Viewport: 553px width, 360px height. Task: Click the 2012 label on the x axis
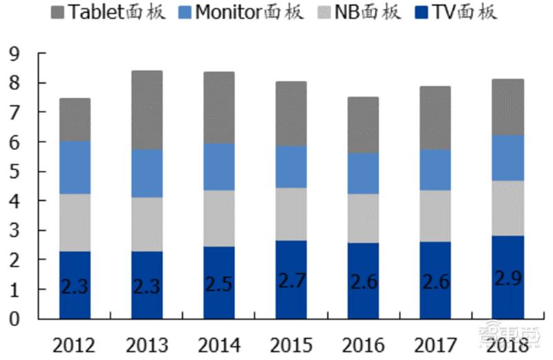[x=75, y=343]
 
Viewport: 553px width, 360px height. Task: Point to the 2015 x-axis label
[x=290, y=343]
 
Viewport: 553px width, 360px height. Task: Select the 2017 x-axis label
[x=435, y=343]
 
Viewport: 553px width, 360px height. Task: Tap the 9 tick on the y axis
[x=15, y=54]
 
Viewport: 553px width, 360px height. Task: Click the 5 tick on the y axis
[x=15, y=171]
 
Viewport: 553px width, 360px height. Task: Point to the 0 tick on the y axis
[x=15, y=319]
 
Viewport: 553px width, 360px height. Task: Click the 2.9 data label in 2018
[x=507, y=278]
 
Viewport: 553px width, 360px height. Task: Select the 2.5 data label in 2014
[x=218, y=284]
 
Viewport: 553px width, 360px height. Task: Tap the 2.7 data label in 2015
[x=291, y=281]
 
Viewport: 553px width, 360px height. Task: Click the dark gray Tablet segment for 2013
[x=147, y=110]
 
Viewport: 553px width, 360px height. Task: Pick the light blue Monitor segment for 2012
[x=75, y=167]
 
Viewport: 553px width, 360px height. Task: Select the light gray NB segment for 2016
[x=363, y=218]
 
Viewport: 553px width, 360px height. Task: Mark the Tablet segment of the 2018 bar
[x=507, y=106]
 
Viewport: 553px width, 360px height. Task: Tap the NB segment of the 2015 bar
[x=291, y=214]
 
